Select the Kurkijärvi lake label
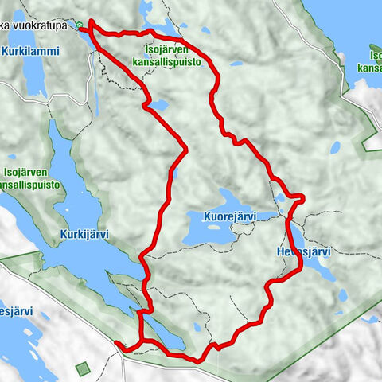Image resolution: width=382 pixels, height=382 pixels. (84, 235)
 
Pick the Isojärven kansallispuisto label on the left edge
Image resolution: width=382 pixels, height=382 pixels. (30, 180)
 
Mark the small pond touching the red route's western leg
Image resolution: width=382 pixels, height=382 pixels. (160, 104)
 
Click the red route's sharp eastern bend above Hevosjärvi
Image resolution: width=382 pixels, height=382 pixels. (301, 196)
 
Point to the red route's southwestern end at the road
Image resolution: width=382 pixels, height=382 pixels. (118, 344)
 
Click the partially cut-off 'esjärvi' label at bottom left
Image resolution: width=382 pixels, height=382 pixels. (14, 312)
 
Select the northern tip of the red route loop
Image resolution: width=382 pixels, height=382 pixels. (92, 24)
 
